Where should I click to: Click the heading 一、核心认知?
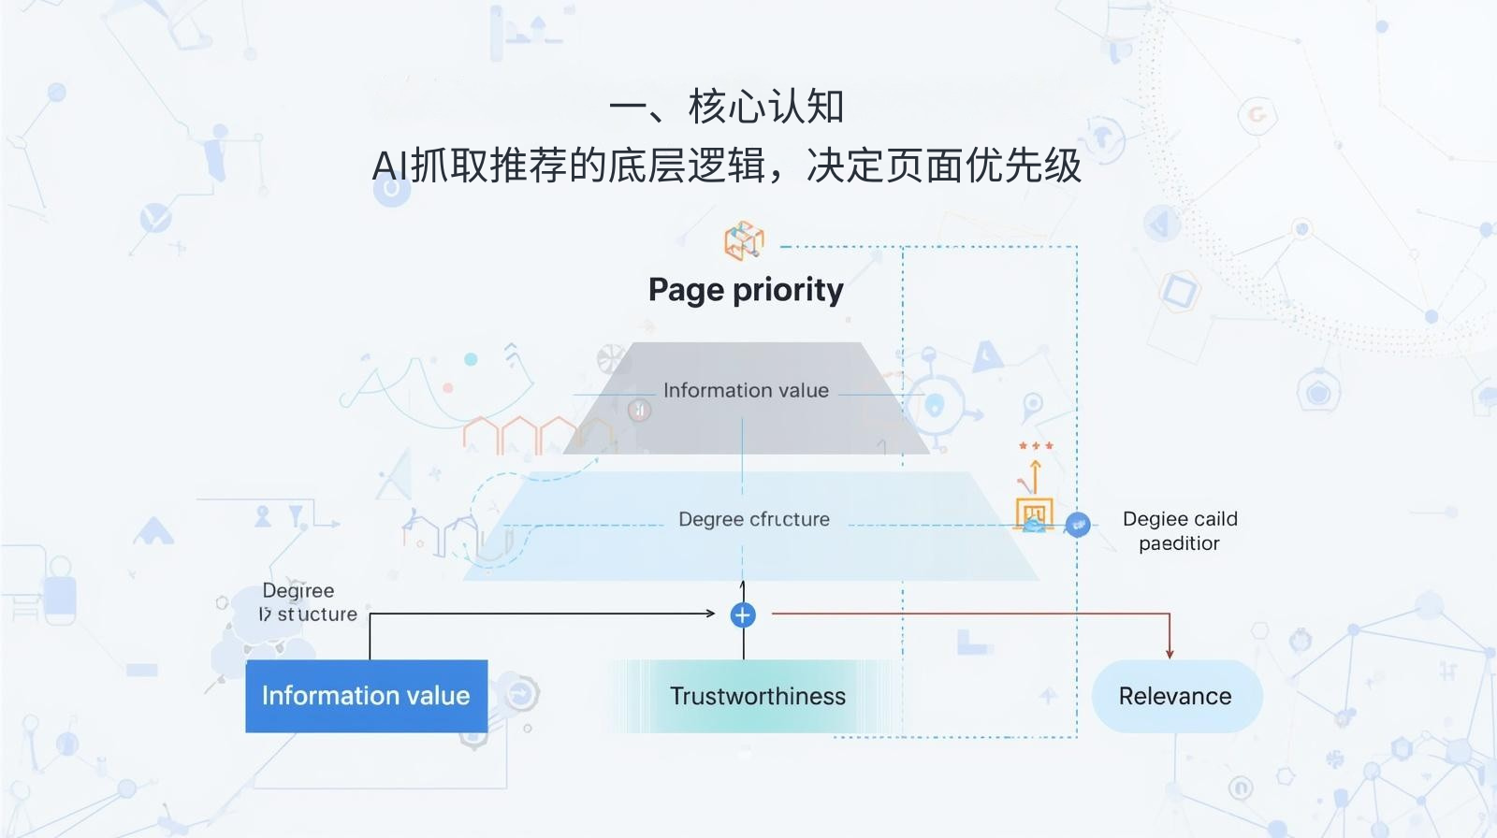point(726,107)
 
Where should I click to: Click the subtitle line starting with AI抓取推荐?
point(726,166)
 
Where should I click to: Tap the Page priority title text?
point(746,290)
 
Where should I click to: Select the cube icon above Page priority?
point(744,240)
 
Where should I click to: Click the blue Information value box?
point(366,696)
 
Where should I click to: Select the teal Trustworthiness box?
point(757,696)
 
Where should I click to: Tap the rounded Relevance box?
point(1176,696)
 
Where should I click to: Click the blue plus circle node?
point(743,614)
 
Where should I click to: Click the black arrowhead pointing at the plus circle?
point(710,614)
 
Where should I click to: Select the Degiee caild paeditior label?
point(1179,530)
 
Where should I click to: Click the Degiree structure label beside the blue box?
point(308,602)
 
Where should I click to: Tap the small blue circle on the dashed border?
point(1078,525)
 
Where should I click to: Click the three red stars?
point(1036,446)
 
